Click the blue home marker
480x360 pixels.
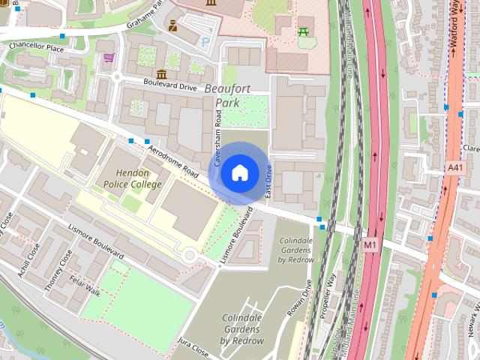pos(238,172)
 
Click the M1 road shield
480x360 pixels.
pos(370,244)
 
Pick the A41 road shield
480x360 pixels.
pos(454,168)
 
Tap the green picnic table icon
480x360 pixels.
pos(304,31)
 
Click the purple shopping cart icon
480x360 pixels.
pos(109,57)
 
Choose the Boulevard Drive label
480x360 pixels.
pos(170,86)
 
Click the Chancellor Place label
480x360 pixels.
pos(36,47)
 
